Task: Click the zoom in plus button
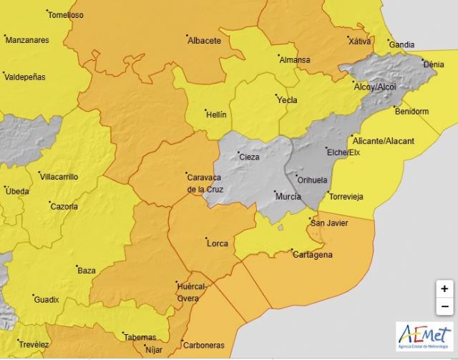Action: click(444, 289)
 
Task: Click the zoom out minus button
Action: click(444, 307)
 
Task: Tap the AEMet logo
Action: click(424, 336)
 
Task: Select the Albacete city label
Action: click(204, 41)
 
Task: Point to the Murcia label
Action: click(288, 196)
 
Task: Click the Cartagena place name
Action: click(313, 255)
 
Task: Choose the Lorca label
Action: click(217, 243)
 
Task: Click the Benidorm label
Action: click(411, 112)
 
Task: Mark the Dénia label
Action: click(434, 64)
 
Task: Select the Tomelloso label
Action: click(65, 15)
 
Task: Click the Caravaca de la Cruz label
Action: click(206, 182)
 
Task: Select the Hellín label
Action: click(215, 115)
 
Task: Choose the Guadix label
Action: click(47, 299)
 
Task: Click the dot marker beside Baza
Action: click(77, 266)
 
